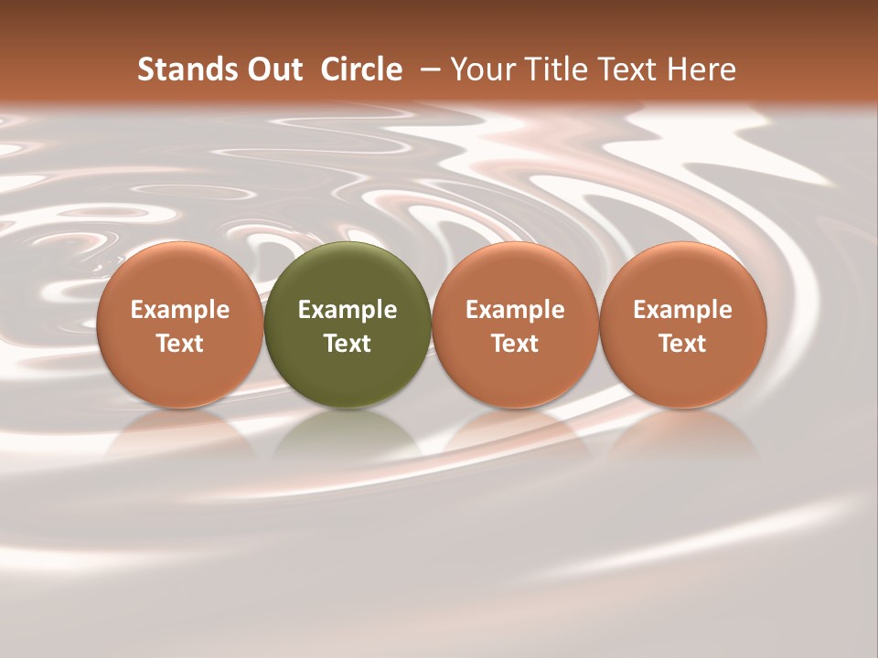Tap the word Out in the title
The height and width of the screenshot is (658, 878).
tap(273, 70)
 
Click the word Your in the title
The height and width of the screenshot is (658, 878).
tap(480, 70)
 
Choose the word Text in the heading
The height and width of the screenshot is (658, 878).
tap(620, 70)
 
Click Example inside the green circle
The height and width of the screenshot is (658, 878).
tap(348, 310)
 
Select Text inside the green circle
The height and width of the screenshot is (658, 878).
tap(348, 344)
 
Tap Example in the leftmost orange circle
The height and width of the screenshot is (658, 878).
tap(180, 310)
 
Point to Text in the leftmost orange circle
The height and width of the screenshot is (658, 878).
tap(180, 344)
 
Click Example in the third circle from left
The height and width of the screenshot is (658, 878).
tap(515, 310)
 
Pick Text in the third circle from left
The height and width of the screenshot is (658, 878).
tap(515, 344)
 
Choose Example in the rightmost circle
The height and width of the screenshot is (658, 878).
tap(683, 310)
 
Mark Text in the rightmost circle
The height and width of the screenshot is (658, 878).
tap(683, 344)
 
